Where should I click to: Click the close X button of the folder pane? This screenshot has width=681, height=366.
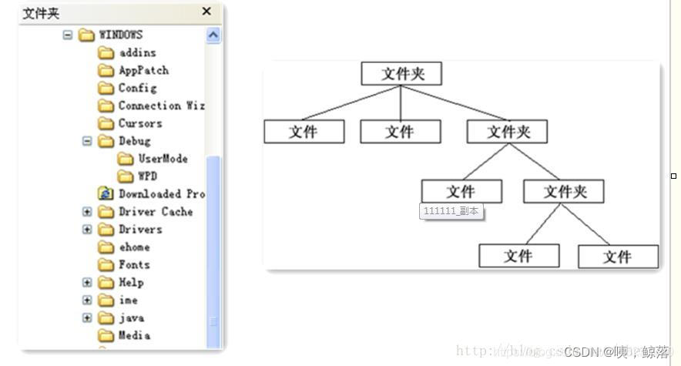(x=206, y=12)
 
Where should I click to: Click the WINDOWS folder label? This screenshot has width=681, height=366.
(x=121, y=35)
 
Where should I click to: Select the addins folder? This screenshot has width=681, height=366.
(x=137, y=52)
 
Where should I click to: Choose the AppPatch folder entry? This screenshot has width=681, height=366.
(x=143, y=70)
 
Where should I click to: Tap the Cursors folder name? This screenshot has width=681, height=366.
(x=140, y=123)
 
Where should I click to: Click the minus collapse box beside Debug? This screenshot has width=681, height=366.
(x=87, y=141)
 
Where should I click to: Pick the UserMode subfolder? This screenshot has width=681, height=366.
(x=163, y=159)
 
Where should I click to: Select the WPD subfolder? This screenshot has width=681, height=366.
(x=147, y=176)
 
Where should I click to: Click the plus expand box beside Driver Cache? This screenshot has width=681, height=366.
(x=87, y=212)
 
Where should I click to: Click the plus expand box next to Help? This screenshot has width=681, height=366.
(x=87, y=283)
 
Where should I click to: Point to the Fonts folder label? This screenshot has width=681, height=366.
(x=134, y=265)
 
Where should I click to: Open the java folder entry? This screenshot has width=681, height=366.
(x=131, y=318)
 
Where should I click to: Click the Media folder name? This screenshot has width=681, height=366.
(x=134, y=336)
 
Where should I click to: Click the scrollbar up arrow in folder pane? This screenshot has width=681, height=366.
(x=213, y=35)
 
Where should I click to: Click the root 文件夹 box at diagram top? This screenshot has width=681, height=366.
(x=401, y=74)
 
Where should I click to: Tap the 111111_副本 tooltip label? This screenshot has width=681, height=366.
(x=451, y=211)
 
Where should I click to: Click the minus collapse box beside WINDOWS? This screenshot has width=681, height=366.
(x=68, y=35)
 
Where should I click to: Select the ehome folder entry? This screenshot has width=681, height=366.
(x=134, y=247)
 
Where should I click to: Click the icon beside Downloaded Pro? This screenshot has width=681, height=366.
(x=106, y=194)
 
